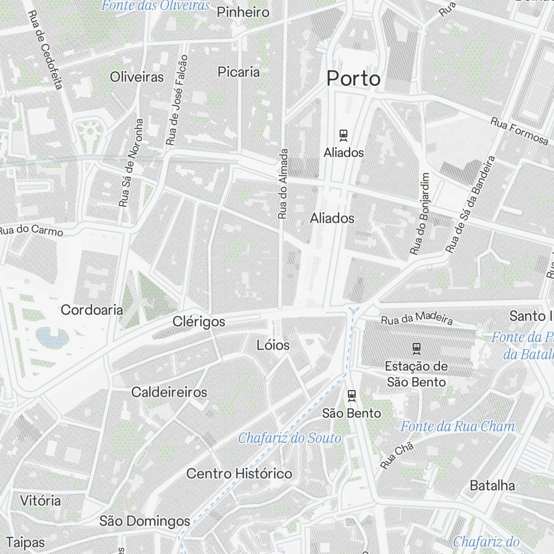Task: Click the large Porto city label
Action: coord(353,79)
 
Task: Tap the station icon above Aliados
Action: coord(343,134)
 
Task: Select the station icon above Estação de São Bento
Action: coord(417,348)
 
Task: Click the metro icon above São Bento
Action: coord(351,396)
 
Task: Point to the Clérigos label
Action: coord(199,322)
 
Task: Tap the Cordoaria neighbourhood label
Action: coord(92,310)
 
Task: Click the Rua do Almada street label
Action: coord(284,183)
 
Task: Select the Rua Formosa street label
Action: coord(519,131)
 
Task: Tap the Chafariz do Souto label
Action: coord(290,438)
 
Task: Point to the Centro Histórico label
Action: coord(239,474)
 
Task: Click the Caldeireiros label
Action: coord(169,392)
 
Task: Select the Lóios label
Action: coord(273,345)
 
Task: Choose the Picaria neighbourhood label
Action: coord(239,71)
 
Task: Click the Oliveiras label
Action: coord(137,76)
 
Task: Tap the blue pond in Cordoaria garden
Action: coord(52,336)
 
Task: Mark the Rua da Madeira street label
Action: coord(417,319)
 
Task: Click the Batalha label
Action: coord(492,486)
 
